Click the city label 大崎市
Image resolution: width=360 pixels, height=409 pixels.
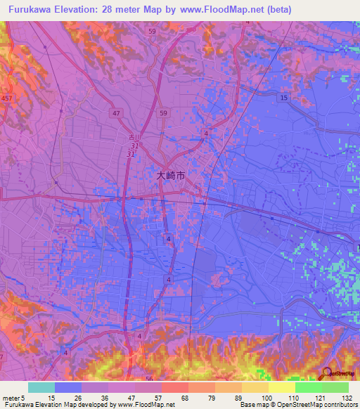(171, 177)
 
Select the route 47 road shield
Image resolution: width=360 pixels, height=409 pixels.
(116, 112)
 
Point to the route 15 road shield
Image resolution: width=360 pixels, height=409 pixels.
(283, 96)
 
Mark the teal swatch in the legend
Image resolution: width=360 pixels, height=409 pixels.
(41, 387)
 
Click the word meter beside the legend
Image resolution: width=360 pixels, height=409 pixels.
(11, 397)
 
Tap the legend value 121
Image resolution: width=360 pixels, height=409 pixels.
(320, 397)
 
